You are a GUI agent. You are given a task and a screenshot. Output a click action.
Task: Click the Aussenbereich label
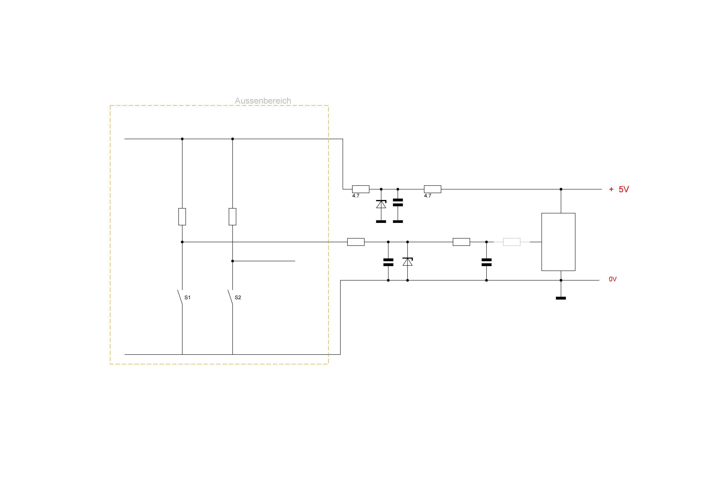(263, 101)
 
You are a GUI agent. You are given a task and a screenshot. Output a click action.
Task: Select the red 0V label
(613, 279)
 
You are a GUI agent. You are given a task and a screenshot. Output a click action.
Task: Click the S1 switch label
(187, 298)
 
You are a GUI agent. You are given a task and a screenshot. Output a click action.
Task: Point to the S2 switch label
(238, 298)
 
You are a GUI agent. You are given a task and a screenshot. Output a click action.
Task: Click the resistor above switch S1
(182, 217)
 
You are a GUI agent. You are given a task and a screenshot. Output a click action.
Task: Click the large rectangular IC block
(558, 242)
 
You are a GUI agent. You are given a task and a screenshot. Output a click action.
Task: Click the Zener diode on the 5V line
(381, 204)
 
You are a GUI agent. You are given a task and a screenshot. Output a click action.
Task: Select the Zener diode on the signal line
(408, 262)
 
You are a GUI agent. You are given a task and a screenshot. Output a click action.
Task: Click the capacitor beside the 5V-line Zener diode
(398, 202)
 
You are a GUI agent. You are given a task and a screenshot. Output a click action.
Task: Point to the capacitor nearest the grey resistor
(487, 262)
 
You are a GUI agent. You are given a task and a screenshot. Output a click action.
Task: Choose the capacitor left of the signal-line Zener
(388, 262)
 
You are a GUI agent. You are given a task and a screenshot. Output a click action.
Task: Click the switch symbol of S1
(180, 297)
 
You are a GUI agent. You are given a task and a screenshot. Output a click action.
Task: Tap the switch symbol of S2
(230, 297)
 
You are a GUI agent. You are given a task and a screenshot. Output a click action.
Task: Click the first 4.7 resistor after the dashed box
(361, 189)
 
